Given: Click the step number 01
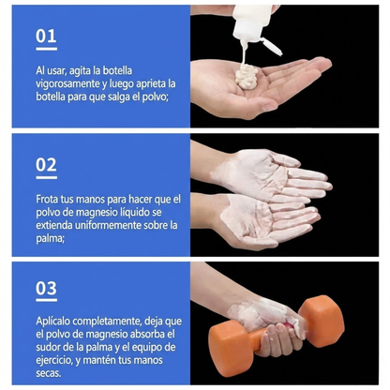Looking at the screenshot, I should pyautogui.click(x=46, y=36).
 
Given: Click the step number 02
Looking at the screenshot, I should pyautogui.click(x=46, y=165).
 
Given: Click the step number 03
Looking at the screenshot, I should pyautogui.click(x=46, y=289).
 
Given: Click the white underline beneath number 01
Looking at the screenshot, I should pyautogui.click(x=46, y=50).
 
